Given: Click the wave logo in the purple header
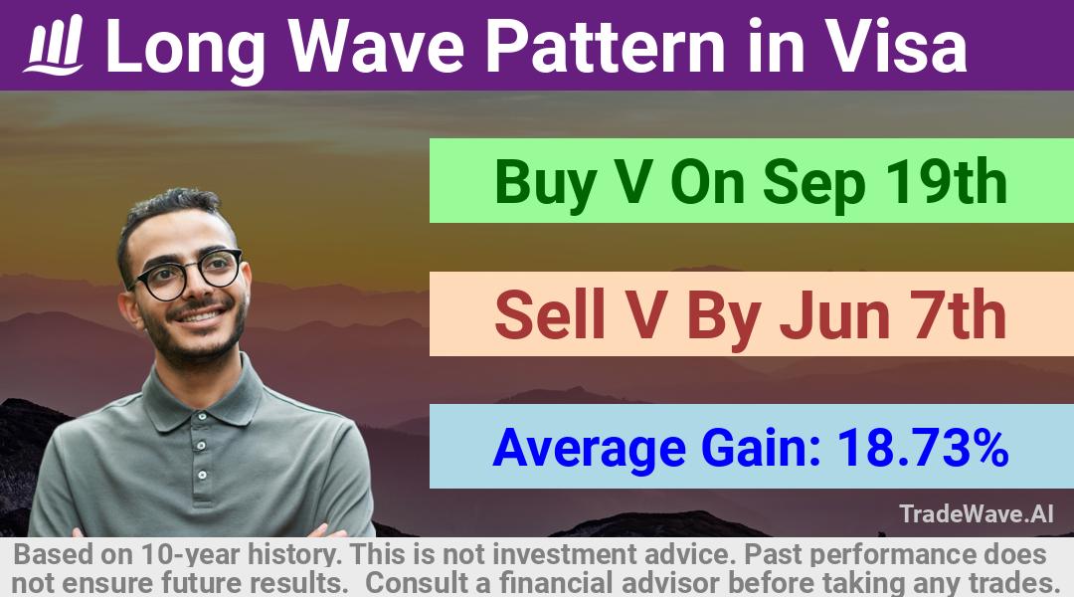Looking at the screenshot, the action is (x=54, y=45).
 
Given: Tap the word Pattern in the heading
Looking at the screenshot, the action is (x=606, y=46).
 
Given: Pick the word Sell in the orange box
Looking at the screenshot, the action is (x=549, y=314).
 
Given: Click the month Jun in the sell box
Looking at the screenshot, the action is (x=835, y=315).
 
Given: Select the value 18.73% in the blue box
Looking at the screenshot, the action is (x=923, y=448).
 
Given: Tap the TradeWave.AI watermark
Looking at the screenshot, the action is (x=977, y=513).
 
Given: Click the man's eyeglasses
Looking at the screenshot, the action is (x=186, y=275).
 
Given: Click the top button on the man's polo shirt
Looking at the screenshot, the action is (x=200, y=446).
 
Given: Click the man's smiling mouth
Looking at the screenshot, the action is (x=200, y=317).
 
